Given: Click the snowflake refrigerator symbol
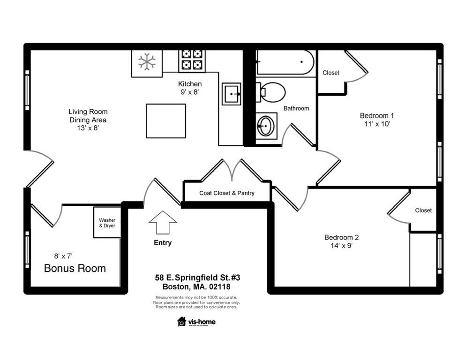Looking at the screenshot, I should point(146,62).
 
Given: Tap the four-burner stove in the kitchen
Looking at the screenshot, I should point(191,60).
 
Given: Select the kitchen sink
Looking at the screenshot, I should point(231,94).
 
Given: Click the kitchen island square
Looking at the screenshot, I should point(165,121).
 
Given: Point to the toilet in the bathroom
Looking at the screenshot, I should point(271,92).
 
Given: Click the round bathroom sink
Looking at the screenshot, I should point(265,126).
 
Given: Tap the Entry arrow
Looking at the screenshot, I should point(162,222).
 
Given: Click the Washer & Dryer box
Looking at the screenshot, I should point(107,223).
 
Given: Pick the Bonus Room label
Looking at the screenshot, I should point(75,269).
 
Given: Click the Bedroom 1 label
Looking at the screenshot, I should point(376,116).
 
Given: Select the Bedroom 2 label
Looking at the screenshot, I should point(341,237).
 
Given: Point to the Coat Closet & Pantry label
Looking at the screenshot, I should point(227,193).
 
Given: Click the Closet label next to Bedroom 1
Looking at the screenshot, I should point(331,73).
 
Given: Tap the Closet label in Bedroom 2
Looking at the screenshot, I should point(423,210).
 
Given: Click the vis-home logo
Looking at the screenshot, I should point(196,322).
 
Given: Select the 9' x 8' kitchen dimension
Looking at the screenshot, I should point(190,92).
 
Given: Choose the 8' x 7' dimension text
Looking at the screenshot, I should point(63,256).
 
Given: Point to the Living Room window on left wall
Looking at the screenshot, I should point(27,92).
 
